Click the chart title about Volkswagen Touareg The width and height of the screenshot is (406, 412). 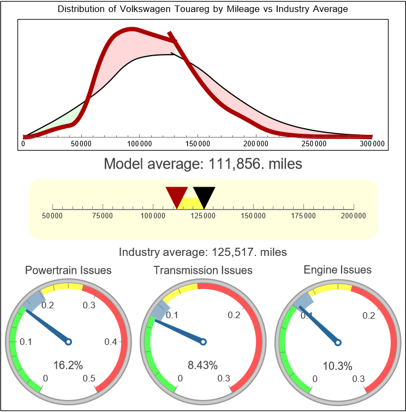202,10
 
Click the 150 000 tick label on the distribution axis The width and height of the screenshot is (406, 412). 198,144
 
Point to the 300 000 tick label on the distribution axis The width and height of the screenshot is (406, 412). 373,144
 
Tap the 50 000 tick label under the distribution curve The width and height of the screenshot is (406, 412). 81,144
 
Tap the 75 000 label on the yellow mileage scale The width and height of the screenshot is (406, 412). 103,216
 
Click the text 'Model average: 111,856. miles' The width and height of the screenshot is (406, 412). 202,163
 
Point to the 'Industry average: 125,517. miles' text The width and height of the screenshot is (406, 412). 202,252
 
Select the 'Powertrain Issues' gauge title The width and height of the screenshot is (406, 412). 68,270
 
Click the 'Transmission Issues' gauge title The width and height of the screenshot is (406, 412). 203,270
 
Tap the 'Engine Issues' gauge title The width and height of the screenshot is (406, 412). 337,270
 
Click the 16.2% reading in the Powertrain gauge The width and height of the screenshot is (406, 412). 68,365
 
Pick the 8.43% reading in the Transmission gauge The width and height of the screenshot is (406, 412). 203,365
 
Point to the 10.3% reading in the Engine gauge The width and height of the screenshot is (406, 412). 337,365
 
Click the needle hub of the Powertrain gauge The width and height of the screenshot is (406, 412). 68,342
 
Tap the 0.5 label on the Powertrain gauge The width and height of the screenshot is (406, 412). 89,379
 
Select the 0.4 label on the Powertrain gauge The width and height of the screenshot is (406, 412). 111,342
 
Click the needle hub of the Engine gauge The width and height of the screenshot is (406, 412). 338,342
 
